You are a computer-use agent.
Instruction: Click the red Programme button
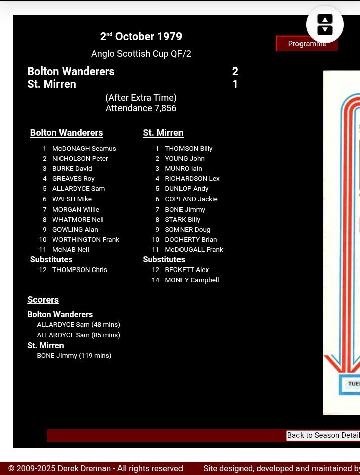pyautogui.click(x=307, y=44)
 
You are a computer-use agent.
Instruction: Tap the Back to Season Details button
pyautogui.click(x=323, y=435)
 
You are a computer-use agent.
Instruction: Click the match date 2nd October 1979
pyautogui.click(x=141, y=37)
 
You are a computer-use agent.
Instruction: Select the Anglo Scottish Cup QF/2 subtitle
pyautogui.click(x=141, y=54)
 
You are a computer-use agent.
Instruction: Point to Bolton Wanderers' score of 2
pyautogui.click(x=235, y=72)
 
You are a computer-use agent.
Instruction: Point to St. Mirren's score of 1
pyautogui.click(x=235, y=84)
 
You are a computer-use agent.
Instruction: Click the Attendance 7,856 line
pyautogui.click(x=141, y=108)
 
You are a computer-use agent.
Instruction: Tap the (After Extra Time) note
pyautogui.click(x=141, y=98)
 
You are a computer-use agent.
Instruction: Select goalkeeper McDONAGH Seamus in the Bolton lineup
pyautogui.click(x=84, y=149)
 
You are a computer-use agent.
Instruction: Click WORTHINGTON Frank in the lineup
pyautogui.click(x=86, y=240)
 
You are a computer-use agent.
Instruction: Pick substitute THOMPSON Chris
pyautogui.click(x=80, y=270)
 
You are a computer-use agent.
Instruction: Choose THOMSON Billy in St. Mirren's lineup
pyautogui.click(x=189, y=149)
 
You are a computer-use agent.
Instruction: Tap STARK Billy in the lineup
pyautogui.click(x=183, y=220)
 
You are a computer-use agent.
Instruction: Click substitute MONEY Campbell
pyautogui.click(x=192, y=280)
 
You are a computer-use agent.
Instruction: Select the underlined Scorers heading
pyautogui.click(x=43, y=300)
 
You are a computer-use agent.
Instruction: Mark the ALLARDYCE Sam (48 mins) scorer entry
pyautogui.click(x=79, y=325)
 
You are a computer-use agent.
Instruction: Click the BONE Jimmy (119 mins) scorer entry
pyautogui.click(x=74, y=356)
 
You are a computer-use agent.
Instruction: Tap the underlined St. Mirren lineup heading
pyautogui.click(x=163, y=133)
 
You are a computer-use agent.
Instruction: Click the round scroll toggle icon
pyautogui.click(x=325, y=24)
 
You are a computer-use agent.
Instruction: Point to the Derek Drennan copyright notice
pyautogui.click(x=95, y=469)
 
